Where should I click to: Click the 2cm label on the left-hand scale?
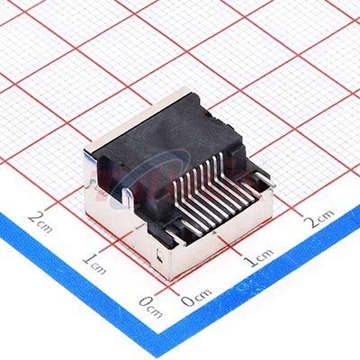coord(40,222)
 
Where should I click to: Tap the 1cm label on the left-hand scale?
coord(94,264)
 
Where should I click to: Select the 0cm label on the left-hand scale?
coord(151,307)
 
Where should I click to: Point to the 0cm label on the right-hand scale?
coord(196,297)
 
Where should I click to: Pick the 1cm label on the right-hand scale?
coord(258,257)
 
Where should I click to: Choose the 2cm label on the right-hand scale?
coord(319,218)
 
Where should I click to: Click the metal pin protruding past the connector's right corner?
coord(265,179)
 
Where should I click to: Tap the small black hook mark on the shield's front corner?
coord(160,256)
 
